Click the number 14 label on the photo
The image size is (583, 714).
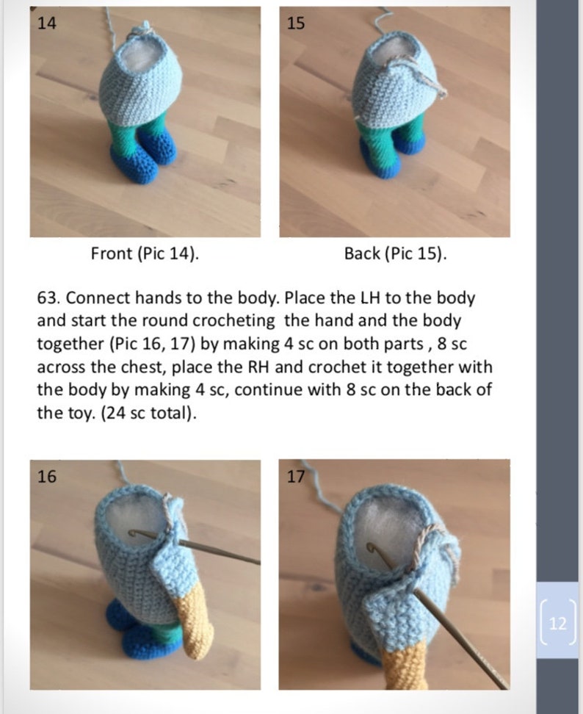tap(46, 24)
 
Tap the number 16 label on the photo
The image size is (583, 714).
tap(46, 477)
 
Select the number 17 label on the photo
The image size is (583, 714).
tap(295, 477)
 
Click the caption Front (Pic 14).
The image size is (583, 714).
tap(145, 254)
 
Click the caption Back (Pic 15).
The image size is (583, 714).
tap(395, 254)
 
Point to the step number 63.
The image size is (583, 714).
tap(49, 299)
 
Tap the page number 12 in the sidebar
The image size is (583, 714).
tap(557, 624)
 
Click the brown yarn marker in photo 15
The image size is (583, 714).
tap(426, 73)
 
